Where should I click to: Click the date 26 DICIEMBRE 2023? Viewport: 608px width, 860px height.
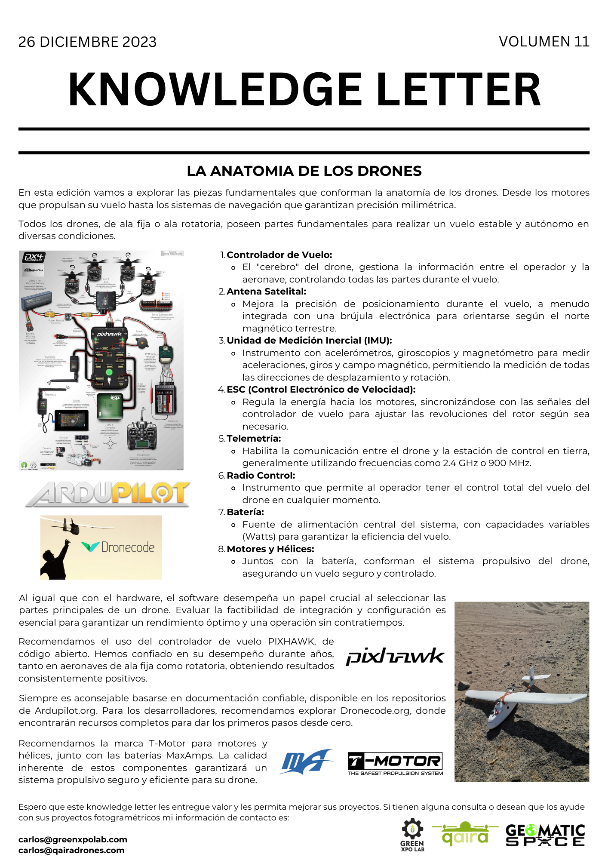(87, 42)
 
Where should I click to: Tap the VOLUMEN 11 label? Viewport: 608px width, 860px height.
(544, 42)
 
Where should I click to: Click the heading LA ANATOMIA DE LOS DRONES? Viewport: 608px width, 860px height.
(304, 171)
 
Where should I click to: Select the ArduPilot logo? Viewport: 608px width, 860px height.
(107, 494)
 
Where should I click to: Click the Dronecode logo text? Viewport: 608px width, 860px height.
(127, 547)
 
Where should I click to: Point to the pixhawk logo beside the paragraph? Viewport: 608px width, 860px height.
(395, 657)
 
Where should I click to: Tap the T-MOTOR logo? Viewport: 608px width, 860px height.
(395, 763)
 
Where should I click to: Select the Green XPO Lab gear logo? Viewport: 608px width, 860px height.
(412, 835)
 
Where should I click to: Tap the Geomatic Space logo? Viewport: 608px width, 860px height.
(545, 835)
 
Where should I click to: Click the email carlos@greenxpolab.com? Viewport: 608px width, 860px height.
(73, 839)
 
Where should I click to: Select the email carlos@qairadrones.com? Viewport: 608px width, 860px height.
(71, 850)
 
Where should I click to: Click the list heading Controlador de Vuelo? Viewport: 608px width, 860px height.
(279, 255)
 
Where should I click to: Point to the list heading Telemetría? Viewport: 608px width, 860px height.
(254, 439)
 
